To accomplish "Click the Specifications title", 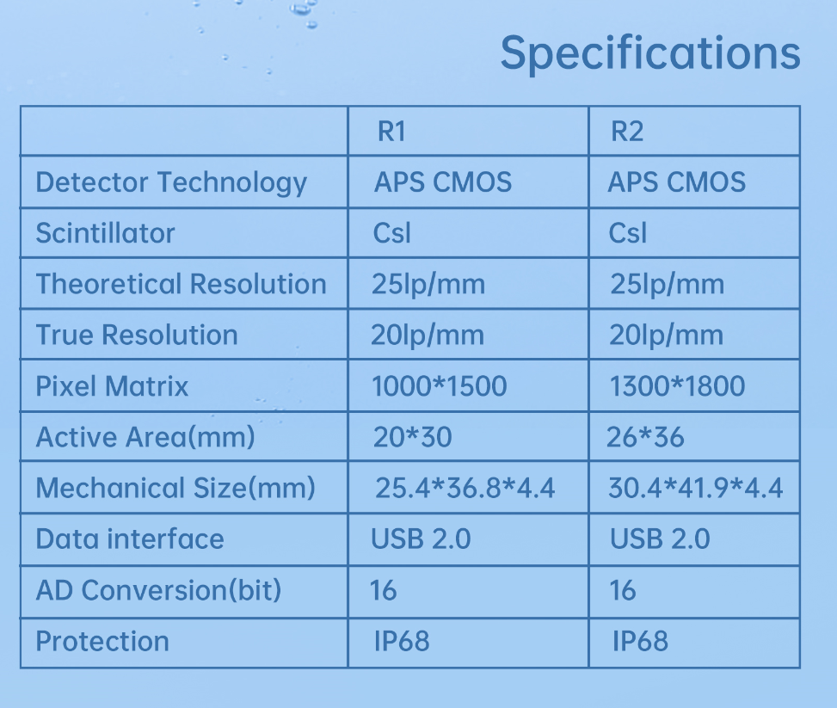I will click(649, 53).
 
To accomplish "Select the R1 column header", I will click(391, 132).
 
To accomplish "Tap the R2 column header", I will click(627, 132).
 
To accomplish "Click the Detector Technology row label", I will click(171, 182).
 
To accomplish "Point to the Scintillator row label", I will click(105, 233).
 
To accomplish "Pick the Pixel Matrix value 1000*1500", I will click(439, 386).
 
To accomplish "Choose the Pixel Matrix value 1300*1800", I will click(677, 386).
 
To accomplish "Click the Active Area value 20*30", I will click(412, 437).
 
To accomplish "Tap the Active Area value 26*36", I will click(645, 437).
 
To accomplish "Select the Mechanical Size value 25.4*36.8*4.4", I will click(465, 489).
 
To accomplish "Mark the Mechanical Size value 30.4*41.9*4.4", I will click(695, 489).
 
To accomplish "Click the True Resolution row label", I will click(137, 336).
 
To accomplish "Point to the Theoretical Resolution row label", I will click(181, 284).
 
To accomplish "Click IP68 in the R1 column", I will click(401, 641).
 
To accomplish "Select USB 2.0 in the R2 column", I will click(660, 539).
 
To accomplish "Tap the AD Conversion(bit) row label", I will click(158, 590).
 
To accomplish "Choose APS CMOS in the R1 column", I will click(443, 182).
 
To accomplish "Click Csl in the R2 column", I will click(627, 233).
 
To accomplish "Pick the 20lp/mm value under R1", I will click(427, 336).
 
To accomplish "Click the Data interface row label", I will click(130, 539).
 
